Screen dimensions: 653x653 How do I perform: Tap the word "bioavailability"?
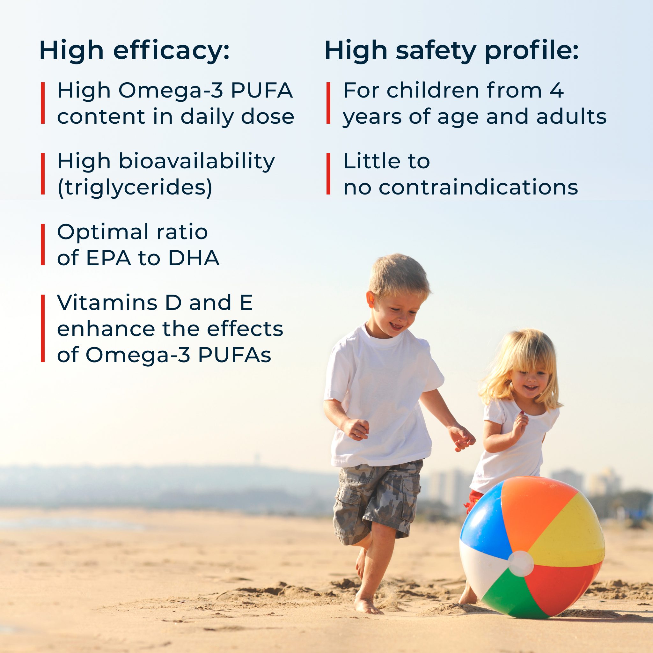[197, 162]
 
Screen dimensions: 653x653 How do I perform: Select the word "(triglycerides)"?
[135, 187]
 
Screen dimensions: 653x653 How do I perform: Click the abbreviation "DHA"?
[194, 258]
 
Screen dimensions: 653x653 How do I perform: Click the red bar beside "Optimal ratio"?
[43, 244]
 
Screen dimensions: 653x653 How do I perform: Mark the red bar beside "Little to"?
[328, 174]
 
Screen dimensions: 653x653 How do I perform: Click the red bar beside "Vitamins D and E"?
[43, 328]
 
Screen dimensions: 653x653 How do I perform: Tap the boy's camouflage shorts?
[377, 500]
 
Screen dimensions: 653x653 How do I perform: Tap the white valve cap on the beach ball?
[521, 564]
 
